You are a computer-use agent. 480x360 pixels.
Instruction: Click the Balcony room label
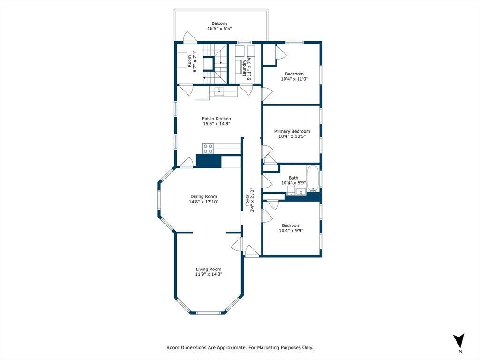point(219,23)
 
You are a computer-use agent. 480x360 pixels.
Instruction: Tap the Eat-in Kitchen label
point(217,119)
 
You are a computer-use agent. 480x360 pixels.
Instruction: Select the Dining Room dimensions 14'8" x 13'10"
point(204,202)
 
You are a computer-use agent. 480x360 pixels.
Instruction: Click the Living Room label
point(209,269)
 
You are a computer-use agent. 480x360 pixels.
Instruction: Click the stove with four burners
point(208,149)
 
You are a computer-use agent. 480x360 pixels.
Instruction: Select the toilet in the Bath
point(290,189)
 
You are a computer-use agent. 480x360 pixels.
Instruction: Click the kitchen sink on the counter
point(219,92)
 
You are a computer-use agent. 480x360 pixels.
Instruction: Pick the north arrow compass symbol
point(459,341)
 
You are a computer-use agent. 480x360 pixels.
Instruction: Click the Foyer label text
point(248,201)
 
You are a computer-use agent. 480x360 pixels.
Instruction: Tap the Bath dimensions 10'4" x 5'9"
point(293,183)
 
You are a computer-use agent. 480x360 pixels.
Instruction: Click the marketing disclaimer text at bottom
point(240,348)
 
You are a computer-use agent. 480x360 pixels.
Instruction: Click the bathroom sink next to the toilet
point(300,191)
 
